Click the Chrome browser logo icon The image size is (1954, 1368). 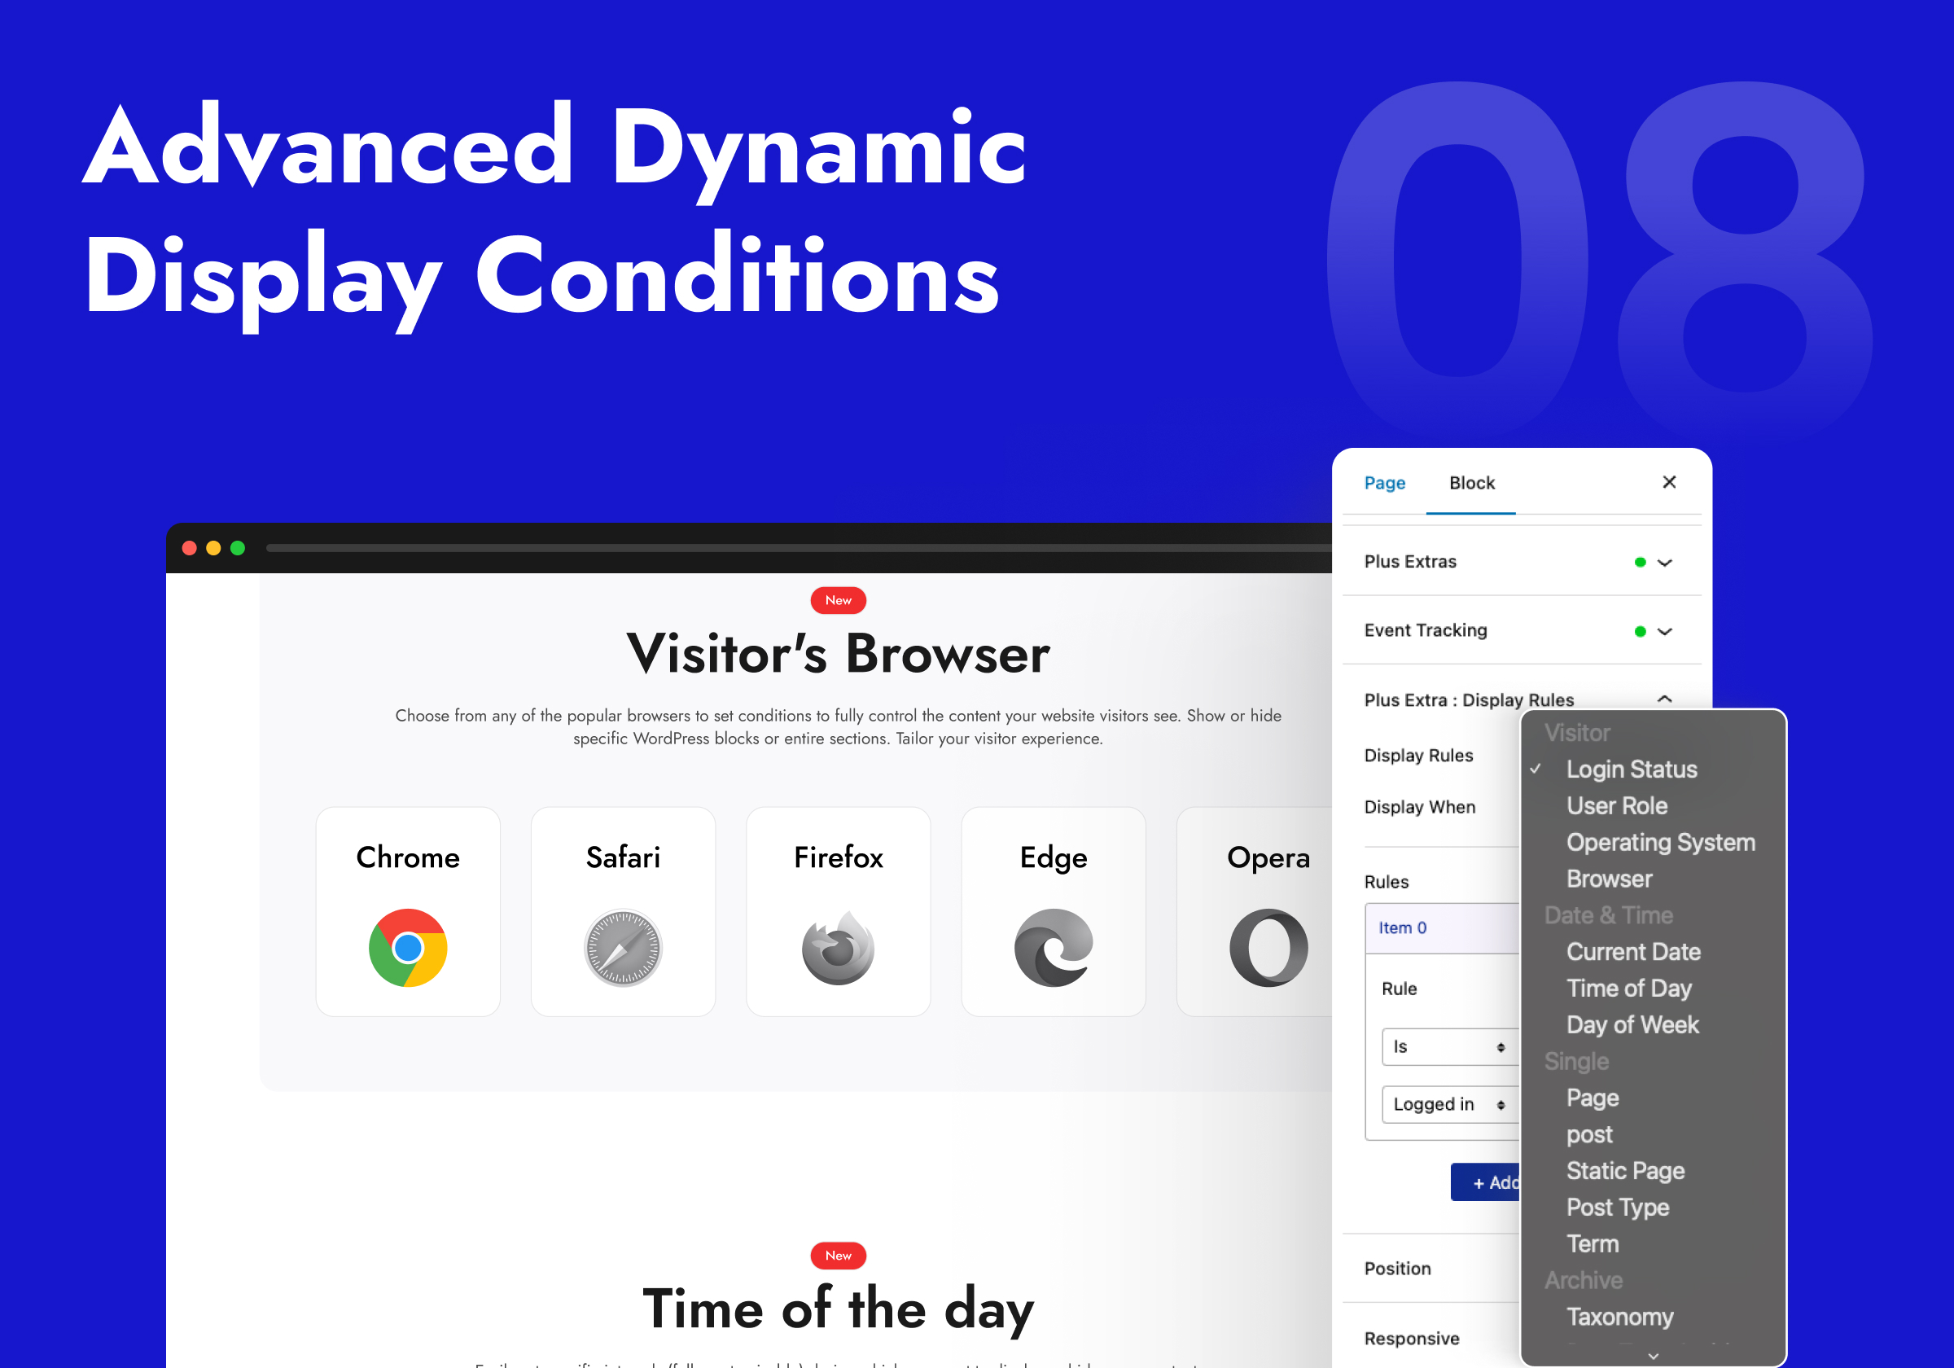pyautogui.click(x=408, y=948)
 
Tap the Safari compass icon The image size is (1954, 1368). pyautogui.click(x=623, y=948)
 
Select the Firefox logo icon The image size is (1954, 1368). pyautogui.click(x=839, y=948)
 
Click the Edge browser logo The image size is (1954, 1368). pyautogui.click(x=1054, y=948)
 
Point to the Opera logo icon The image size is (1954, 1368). pyautogui.click(x=1268, y=948)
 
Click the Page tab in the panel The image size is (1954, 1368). pyautogui.click(x=1385, y=483)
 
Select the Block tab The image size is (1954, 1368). pyautogui.click(x=1471, y=483)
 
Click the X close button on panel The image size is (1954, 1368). pyautogui.click(x=1669, y=482)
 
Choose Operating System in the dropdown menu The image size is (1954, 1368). pyautogui.click(x=1660, y=842)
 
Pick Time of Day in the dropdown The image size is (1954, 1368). pyautogui.click(x=1629, y=988)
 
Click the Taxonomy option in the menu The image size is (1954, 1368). pyautogui.click(x=1619, y=1316)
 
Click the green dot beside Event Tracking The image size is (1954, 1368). pyautogui.click(x=1640, y=631)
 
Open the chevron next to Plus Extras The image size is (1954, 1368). pyautogui.click(x=1666, y=562)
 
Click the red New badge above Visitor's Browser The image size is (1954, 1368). pyautogui.click(x=839, y=600)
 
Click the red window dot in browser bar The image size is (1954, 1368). pyautogui.click(x=190, y=548)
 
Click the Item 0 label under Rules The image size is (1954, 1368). pyautogui.click(x=1403, y=928)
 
